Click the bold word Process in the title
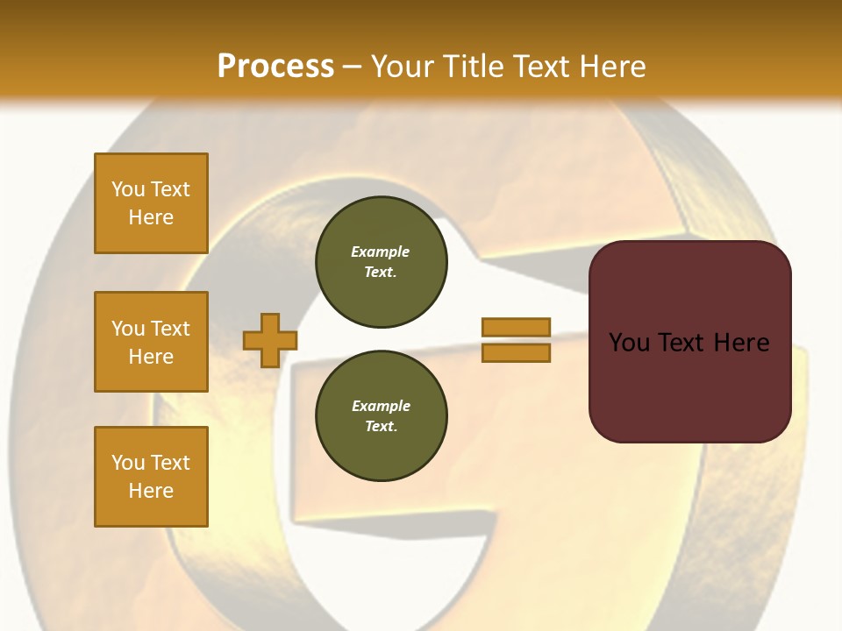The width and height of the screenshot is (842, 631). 275,66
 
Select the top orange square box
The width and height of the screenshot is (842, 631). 151,203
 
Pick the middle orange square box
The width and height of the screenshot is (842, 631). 151,342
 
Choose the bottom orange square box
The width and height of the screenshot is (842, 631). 151,477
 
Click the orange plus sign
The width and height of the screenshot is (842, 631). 270,340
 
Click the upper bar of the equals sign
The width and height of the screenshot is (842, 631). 516,327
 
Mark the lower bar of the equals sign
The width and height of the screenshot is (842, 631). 516,353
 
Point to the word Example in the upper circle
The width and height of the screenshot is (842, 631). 381,252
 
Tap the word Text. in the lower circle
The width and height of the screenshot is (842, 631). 381,427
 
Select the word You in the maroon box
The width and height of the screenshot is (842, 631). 629,343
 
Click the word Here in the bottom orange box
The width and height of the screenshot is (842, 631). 151,491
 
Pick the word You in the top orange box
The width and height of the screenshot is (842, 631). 127,189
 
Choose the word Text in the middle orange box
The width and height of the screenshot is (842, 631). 169,329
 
